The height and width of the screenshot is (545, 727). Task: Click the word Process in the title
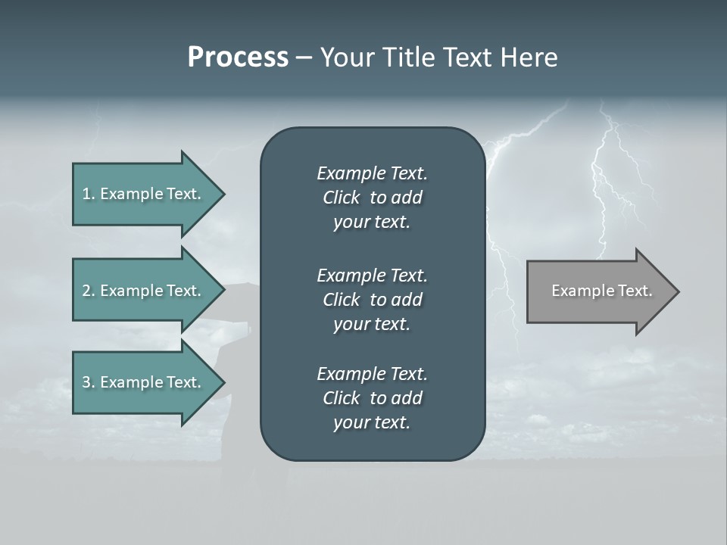[238, 58]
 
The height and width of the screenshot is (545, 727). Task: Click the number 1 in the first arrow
[86, 194]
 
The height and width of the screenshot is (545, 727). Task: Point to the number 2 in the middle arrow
[86, 291]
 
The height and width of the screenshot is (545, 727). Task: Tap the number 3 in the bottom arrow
[86, 382]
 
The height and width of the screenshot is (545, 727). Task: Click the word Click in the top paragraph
[342, 198]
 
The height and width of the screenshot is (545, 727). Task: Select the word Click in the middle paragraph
[342, 300]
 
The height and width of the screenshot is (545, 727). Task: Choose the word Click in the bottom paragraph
[342, 398]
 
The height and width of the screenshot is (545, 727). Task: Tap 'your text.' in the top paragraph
[372, 223]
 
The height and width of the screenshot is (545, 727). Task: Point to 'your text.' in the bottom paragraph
[372, 423]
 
